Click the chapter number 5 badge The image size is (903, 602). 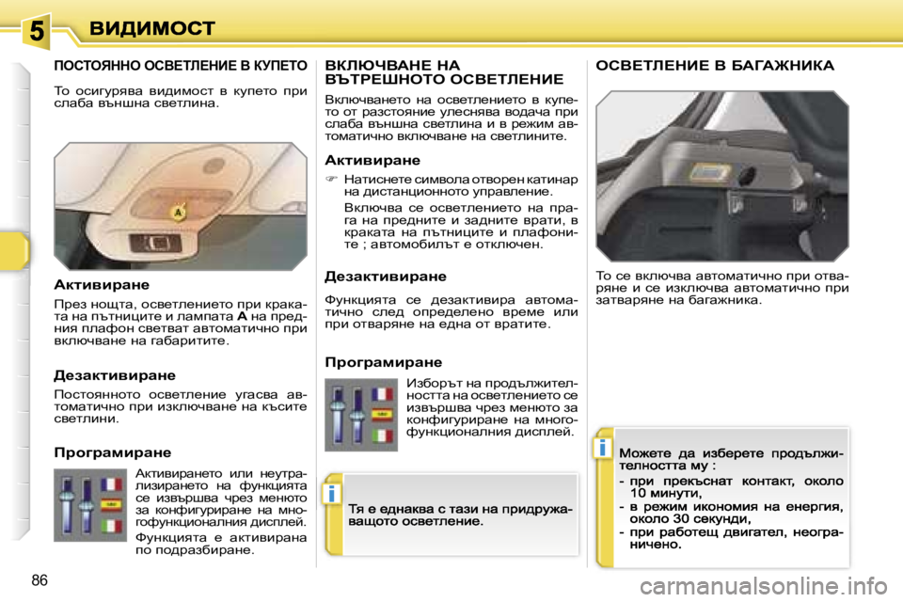pos(35,29)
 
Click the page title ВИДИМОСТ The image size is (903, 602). pos(152,28)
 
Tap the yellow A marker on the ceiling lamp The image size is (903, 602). pos(176,214)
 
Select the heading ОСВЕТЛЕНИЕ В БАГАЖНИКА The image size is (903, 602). pos(715,66)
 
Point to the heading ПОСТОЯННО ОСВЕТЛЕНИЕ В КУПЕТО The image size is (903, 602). pos(180,66)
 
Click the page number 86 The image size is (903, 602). pos(40,578)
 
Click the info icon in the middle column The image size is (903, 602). pos(329,493)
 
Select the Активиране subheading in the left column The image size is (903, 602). pos(103,282)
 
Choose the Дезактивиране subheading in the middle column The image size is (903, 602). pos(385,276)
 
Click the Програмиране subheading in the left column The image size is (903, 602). pos(113,451)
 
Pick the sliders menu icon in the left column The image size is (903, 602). pos(90,504)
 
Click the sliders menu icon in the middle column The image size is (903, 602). pos(361,414)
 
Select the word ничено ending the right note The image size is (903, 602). pos(656,543)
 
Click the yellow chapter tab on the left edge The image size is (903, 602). pos(14,250)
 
